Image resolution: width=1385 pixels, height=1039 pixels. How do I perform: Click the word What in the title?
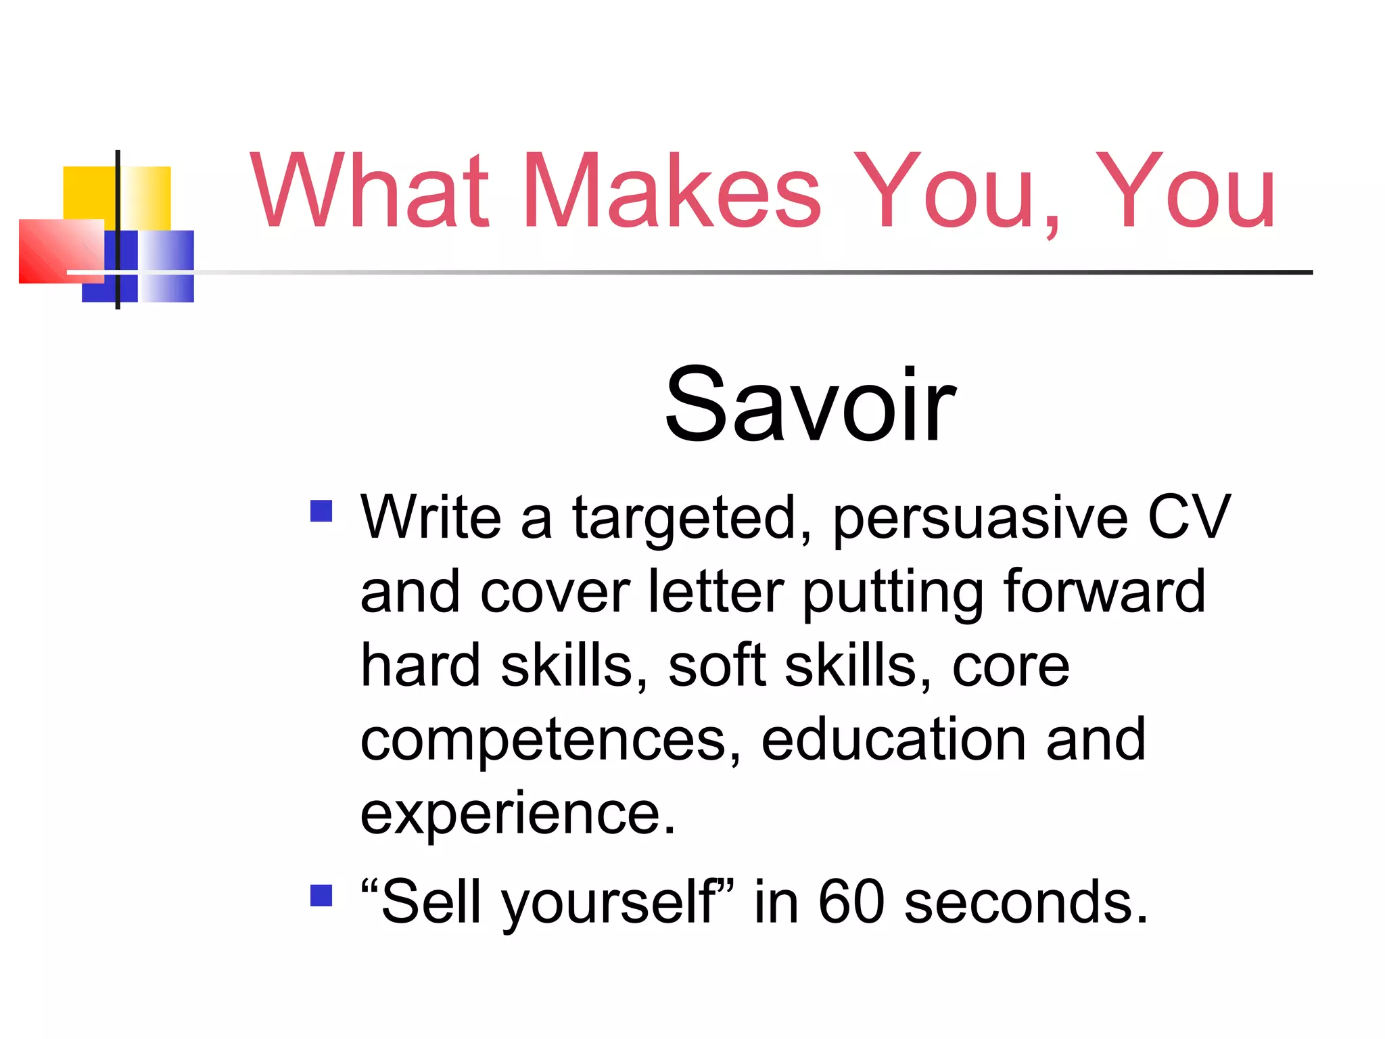(x=369, y=191)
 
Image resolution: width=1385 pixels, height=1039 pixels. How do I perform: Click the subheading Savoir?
(x=809, y=406)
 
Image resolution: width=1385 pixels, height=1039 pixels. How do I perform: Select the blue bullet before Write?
(x=321, y=511)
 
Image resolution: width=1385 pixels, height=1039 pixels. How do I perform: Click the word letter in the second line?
(x=715, y=592)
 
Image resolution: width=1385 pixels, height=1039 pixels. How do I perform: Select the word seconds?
(x=1026, y=903)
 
